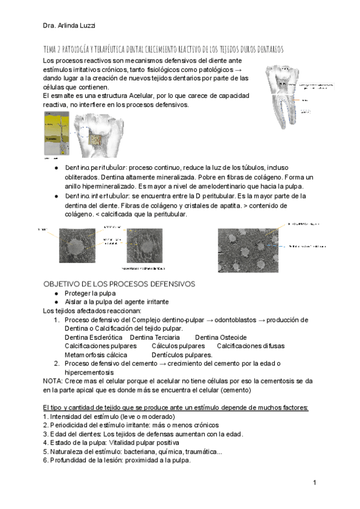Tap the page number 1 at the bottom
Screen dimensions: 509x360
tap(314, 483)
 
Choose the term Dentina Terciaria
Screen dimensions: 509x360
tap(155, 337)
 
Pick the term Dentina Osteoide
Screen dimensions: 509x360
tap(221, 337)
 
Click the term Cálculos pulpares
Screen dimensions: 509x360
tap(178, 346)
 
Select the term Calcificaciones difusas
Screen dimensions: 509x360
tap(251, 346)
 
